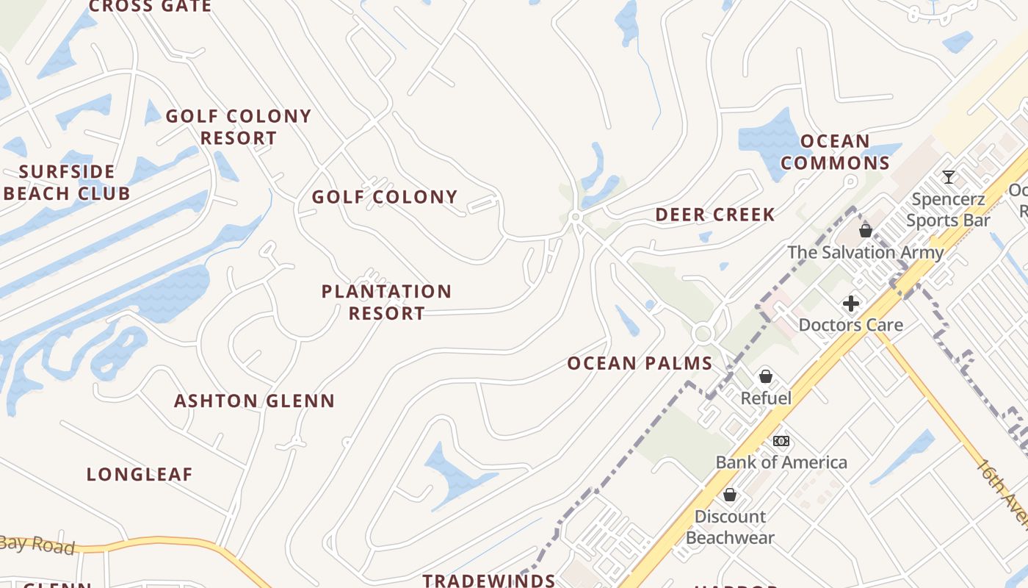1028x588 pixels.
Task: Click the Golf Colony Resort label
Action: coord(239,127)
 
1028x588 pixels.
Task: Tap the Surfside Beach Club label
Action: coord(67,183)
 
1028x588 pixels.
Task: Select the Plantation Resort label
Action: coord(386,302)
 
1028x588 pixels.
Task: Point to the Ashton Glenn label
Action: coord(254,401)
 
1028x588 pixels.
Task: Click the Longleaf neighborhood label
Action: coord(140,475)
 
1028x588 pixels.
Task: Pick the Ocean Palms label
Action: coord(640,364)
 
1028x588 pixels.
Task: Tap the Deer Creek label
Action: coord(714,215)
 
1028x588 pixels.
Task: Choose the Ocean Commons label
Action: coord(835,152)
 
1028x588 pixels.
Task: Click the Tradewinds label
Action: coord(489,580)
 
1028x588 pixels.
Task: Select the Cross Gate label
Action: coord(150,7)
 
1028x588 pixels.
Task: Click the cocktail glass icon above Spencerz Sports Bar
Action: coord(949,177)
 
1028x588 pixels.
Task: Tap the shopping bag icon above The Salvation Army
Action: coord(866,231)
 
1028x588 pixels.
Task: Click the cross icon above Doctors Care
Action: coord(851,304)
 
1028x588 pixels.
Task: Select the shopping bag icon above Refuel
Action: coord(766,376)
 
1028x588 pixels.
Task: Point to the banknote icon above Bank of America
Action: coord(781,441)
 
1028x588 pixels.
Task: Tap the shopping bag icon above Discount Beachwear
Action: coord(730,495)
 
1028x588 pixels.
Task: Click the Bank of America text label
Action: coord(781,462)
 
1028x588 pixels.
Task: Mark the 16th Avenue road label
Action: coord(1002,492)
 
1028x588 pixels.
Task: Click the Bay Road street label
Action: coord(37,545)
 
